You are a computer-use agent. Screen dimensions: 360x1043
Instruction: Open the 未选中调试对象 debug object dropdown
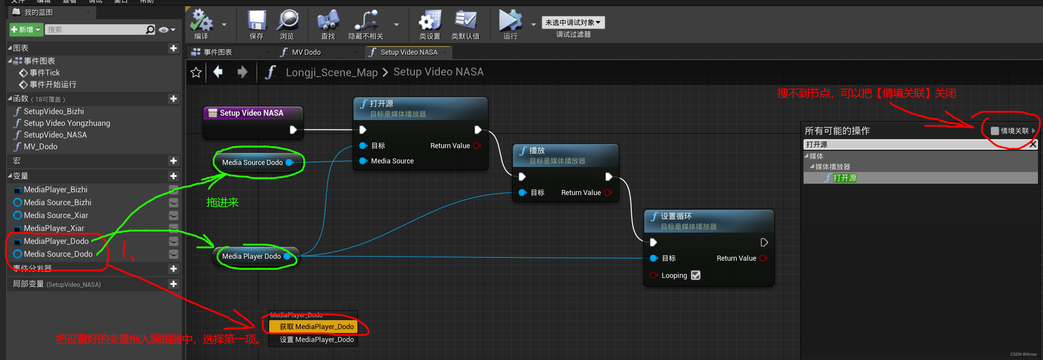(573, 23)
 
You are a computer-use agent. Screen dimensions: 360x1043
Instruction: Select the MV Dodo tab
(306, 52)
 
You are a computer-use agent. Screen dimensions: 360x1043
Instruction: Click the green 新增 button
(25, 30)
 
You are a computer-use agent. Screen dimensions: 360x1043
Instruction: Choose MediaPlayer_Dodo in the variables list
(56, 241)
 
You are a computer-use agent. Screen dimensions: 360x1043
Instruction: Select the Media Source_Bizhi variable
(57, 202)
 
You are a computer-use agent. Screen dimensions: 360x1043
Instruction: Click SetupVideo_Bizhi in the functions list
(54, 111)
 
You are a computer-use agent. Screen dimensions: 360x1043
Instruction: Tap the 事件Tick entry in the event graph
(45, 73)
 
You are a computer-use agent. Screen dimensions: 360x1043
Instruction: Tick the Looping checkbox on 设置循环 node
(696, 275)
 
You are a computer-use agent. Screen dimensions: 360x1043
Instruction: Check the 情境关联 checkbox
(995, 131)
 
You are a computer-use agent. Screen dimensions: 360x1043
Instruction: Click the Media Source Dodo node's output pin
(289, 162)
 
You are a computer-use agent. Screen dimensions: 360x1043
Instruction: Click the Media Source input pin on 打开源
(363, 161)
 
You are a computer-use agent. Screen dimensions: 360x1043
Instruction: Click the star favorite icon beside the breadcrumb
(196, 72)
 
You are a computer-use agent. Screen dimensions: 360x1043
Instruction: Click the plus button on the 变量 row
(174, 176)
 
